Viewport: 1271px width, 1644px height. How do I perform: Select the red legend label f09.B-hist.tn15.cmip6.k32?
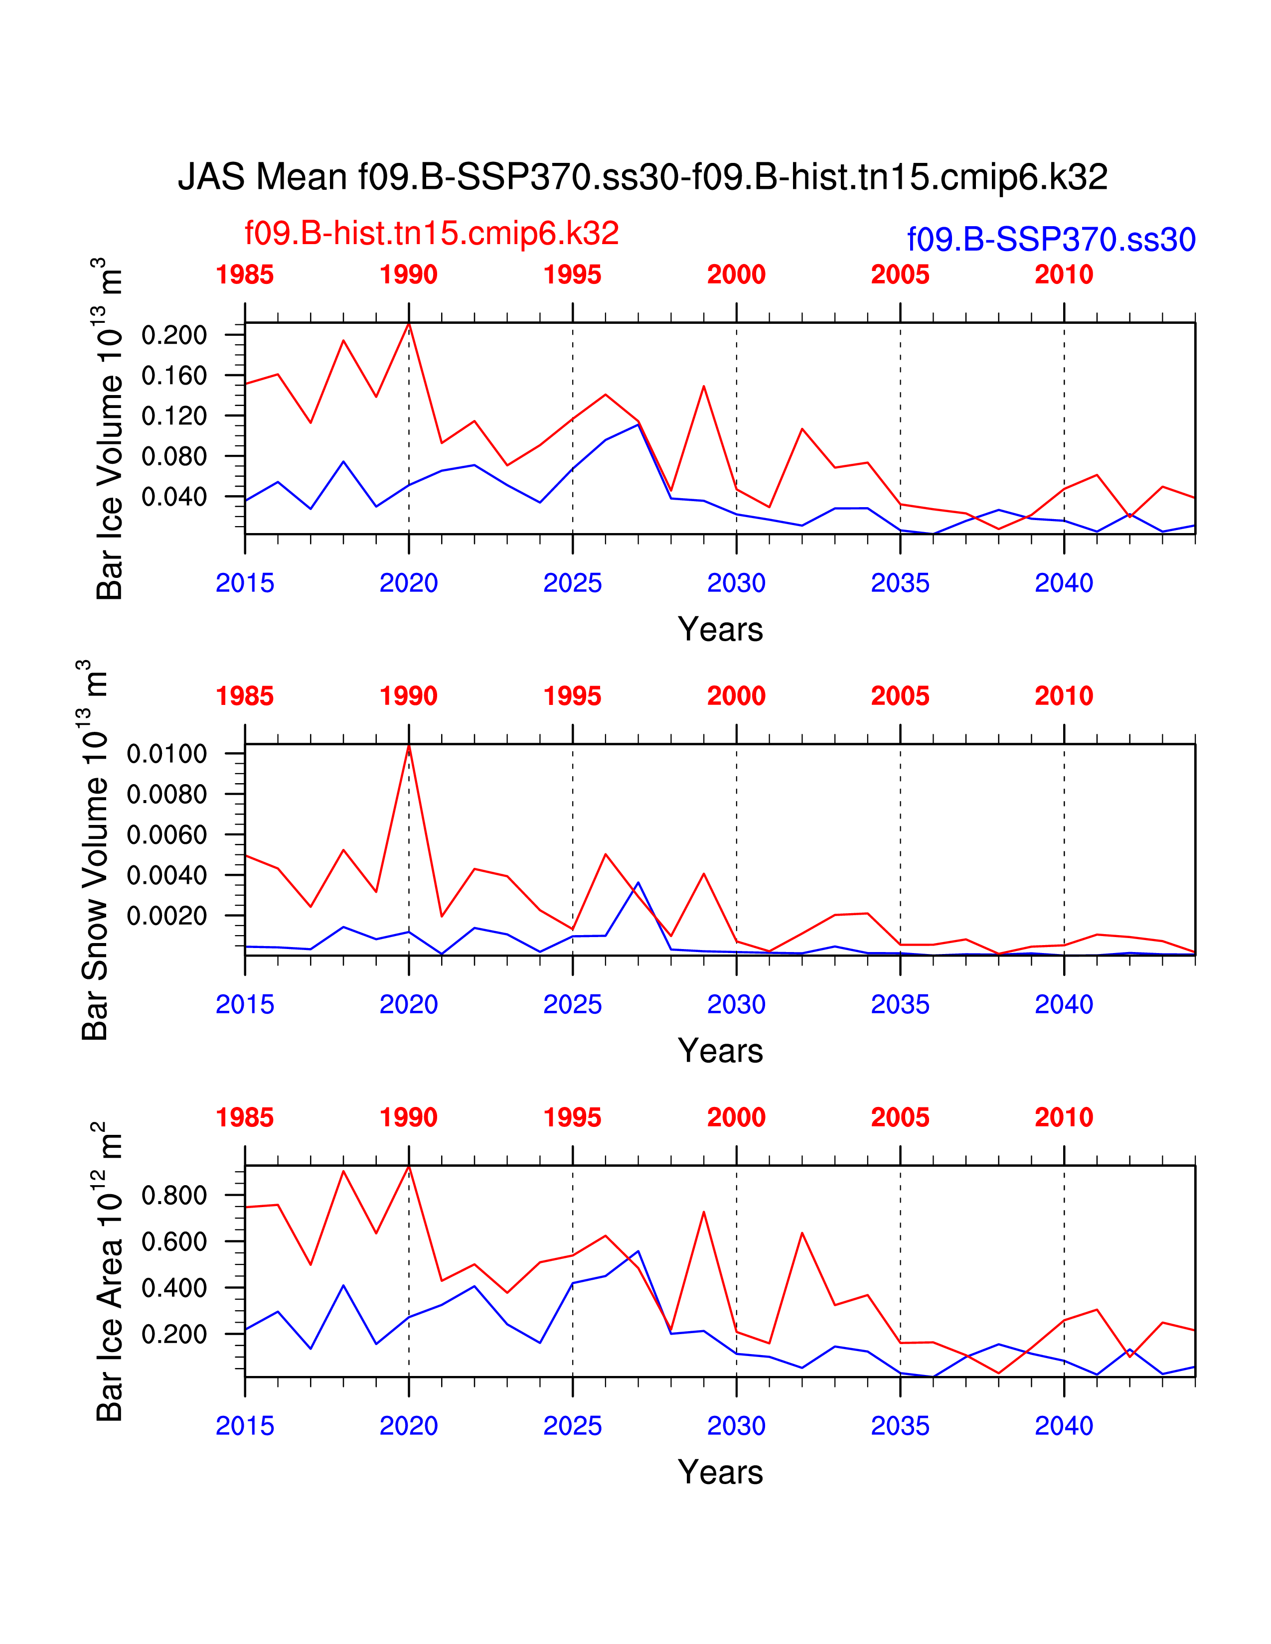click(432, 233)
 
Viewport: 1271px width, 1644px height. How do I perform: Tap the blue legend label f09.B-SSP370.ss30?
click(1051, 239)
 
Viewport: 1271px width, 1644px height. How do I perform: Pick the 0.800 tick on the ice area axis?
click(174, 1195)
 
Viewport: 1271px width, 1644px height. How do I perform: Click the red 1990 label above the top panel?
click(408, 275)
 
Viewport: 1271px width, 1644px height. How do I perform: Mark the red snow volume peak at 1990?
click(409, 746)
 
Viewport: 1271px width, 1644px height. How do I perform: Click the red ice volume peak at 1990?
click(409, 324)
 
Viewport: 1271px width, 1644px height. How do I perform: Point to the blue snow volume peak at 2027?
click(638, 882)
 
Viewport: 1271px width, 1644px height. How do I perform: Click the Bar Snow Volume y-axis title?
click(94, 850)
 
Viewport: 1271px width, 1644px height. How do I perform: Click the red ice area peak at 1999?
click(703, 1212)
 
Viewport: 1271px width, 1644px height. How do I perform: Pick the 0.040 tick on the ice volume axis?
click(174, 497)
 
